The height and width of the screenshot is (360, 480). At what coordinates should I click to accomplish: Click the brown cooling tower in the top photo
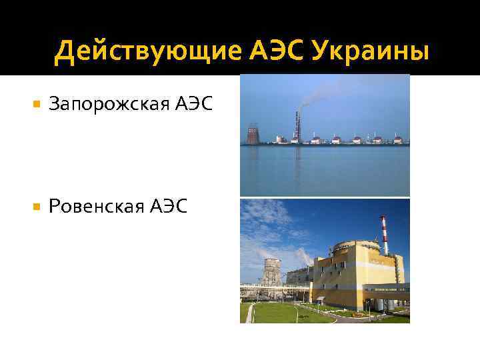coord(253,134)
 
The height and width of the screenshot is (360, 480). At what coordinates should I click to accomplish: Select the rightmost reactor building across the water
coord(398,140)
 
